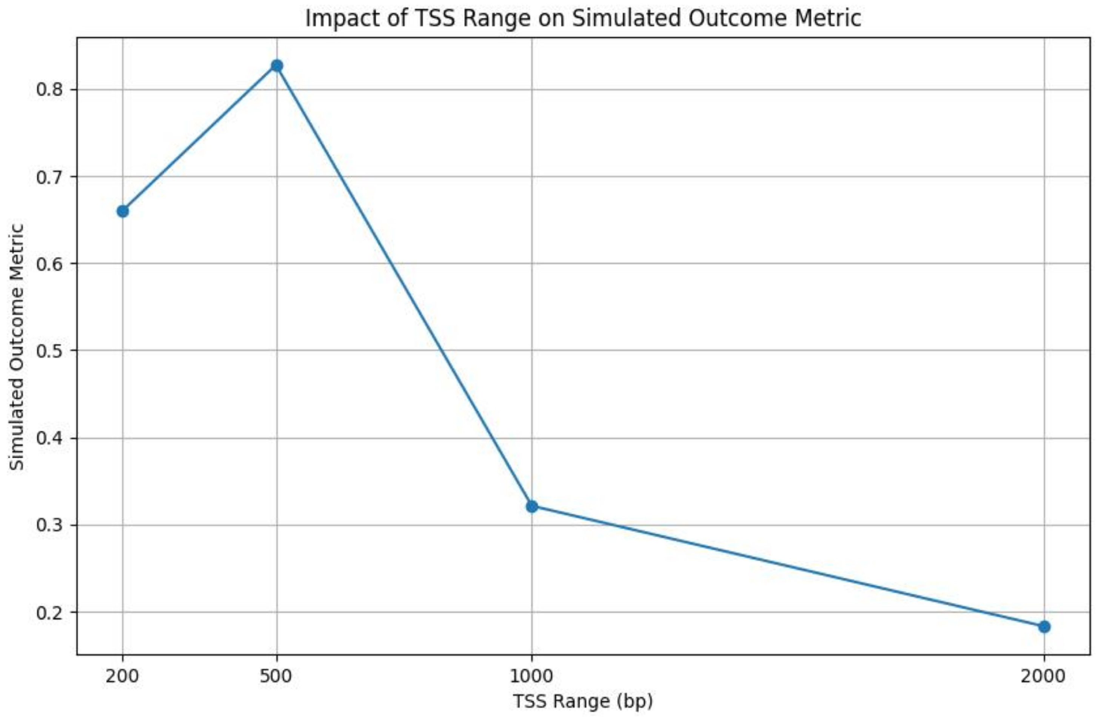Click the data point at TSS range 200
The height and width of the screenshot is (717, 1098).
pos(123,211)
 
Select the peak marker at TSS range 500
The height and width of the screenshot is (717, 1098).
pos(276,66)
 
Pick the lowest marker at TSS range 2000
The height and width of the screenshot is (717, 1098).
pos(1044,626)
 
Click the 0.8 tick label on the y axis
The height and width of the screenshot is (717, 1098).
pos(49,89)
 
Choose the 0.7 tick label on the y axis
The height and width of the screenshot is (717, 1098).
pos(49,177)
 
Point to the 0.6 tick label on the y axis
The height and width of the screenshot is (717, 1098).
pos(49,264)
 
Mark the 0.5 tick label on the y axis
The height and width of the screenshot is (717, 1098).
pos(49,351)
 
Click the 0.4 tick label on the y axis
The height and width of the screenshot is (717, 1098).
pos(49,438)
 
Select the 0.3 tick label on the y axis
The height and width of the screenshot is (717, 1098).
pos(49,525)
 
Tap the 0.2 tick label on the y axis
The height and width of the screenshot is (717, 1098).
pos(49,612)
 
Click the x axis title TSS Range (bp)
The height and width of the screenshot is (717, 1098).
pos(583,701)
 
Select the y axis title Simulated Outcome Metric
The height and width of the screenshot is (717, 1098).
pos(17,347)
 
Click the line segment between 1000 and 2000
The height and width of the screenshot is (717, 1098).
pos(788,567)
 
